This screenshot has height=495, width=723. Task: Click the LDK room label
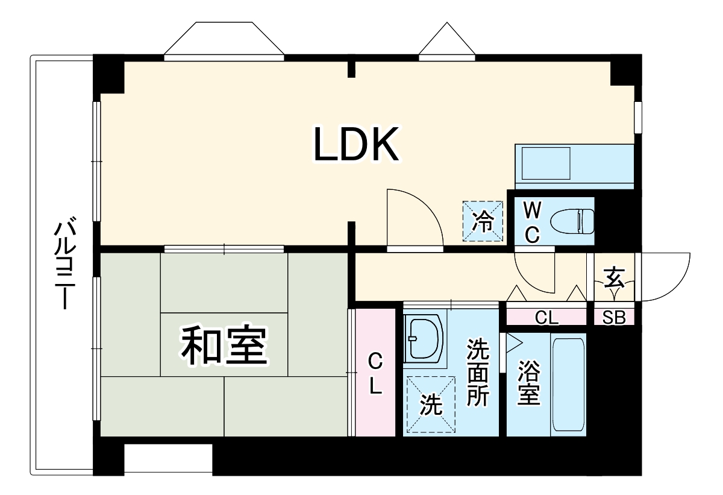[355, 145]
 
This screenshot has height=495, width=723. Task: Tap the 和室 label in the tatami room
[224, 345]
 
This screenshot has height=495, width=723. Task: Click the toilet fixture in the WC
[572, 220]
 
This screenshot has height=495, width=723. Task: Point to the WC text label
[531, 222]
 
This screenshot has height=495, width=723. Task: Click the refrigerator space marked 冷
[483, 221]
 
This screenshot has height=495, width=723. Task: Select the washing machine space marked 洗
[430, 405]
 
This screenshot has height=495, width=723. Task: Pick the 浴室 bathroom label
[528, 382]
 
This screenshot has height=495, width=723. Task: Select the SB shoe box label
[614, 317]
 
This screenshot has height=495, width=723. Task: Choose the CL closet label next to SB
[546, 317]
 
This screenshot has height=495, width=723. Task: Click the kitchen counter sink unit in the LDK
[574, 165]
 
